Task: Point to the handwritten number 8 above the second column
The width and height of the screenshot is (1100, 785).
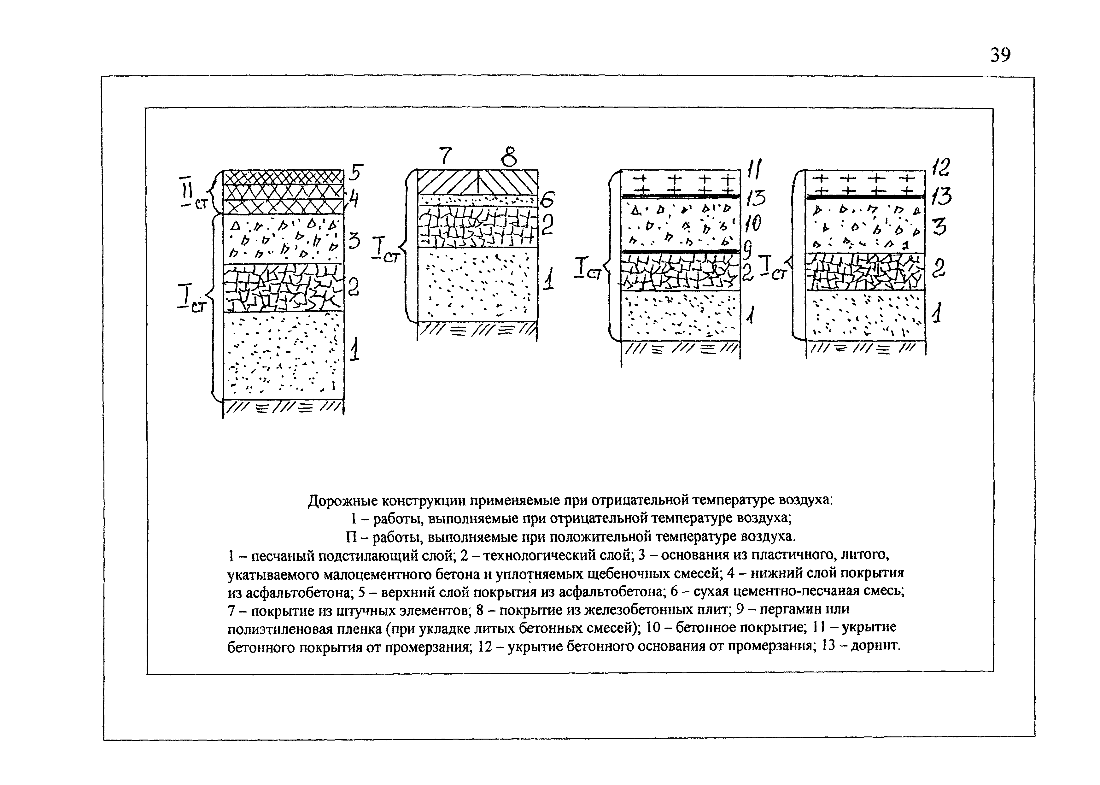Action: coord(508,156)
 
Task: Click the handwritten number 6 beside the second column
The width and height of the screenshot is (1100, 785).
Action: coord(548,199)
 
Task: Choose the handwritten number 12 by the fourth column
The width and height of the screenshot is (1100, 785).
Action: coord(940,167)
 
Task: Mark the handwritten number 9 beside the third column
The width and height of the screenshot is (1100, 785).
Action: coord(747,251)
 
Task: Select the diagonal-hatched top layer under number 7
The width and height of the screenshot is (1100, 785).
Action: coord(447,182)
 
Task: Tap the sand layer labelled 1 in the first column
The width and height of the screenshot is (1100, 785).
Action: coord(283,355)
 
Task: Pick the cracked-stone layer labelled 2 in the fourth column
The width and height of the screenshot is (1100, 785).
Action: coord(865,272)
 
